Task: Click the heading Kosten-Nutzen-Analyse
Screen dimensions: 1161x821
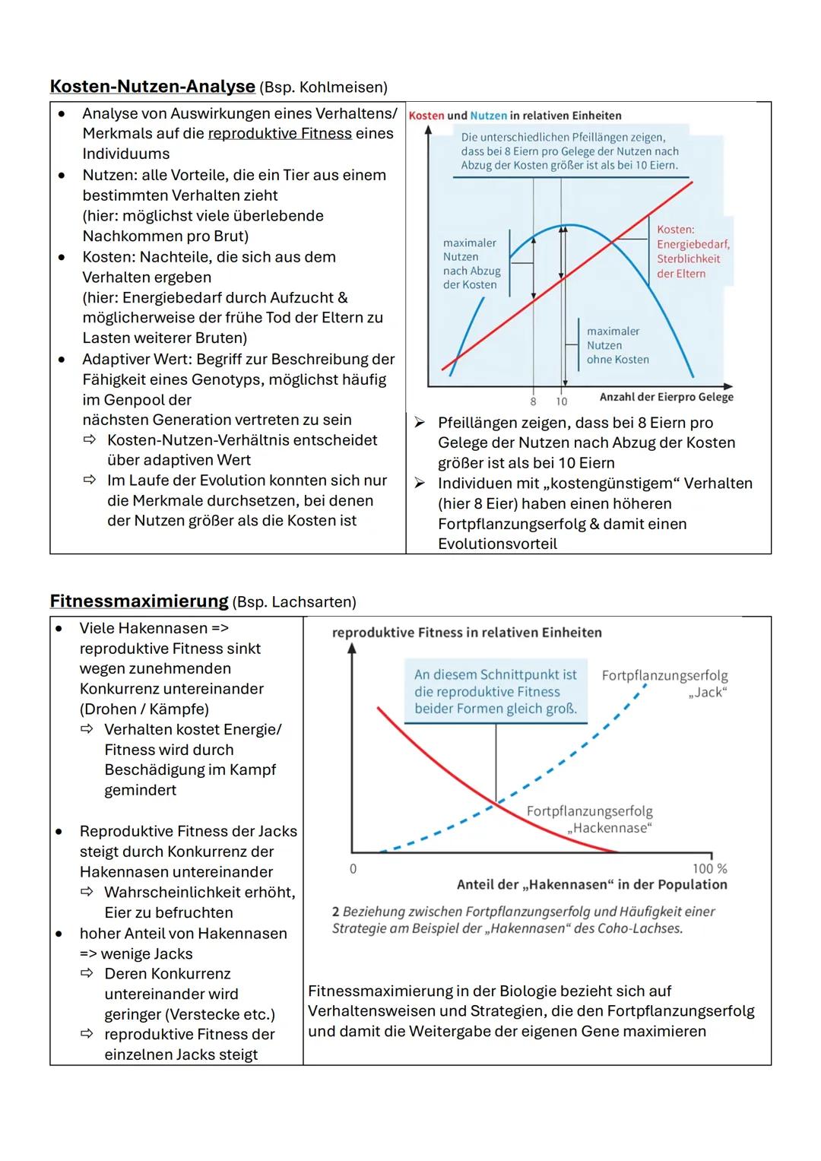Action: (152, 87)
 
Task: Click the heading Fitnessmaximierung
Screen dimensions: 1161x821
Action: (139, 601)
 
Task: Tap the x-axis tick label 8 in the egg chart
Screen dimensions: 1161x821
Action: (533, 401)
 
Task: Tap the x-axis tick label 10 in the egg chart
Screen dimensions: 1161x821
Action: (562, 401)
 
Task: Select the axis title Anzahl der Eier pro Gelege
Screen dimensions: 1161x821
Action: (666, 397)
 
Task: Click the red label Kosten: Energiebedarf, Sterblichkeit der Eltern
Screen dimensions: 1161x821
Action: (693, 252)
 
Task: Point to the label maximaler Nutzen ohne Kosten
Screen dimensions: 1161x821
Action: (617, 345)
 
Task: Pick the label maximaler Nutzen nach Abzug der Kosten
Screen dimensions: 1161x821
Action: (471, 264)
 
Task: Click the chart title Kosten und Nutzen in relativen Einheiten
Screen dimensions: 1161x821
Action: (515, 116)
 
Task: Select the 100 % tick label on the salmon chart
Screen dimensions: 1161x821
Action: (709, 868)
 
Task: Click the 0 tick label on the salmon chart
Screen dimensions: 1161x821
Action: (353, 868)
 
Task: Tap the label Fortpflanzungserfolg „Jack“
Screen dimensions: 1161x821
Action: (664, 684)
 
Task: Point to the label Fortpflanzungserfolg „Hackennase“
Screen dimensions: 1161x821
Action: (590, 820)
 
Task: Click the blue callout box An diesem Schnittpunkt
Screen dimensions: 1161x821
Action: (496, 692)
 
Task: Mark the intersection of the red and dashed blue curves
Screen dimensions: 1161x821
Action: (496, 802)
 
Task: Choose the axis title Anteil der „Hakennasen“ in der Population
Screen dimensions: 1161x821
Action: (591, 885)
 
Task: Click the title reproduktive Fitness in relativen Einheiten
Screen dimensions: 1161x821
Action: (467, 633)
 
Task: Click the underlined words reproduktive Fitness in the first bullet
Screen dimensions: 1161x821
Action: (279, 134)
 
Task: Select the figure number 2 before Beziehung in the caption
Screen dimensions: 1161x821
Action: (336, 911)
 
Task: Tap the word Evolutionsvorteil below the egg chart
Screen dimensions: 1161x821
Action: (497, 544)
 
